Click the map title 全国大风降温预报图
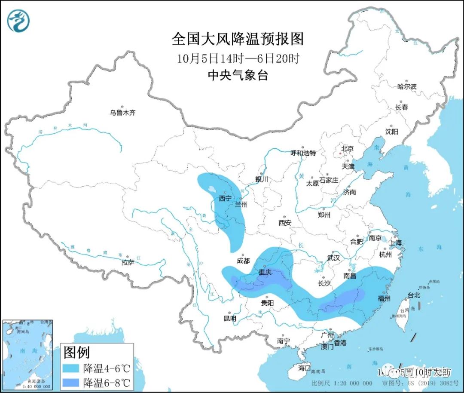(x=237, y=39)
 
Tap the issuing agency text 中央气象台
(x=237, y=76)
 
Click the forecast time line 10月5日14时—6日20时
(x=237, y=58)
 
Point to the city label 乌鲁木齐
(x=122, y=113)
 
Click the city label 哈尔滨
(x=406, y=86)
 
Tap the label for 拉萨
(x=128, y=262)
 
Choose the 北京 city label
(x=347, y=149)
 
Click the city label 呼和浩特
(x=303, y=153)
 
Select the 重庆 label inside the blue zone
(x=265, y=272)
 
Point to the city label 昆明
(x=230, y=319)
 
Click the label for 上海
(x=396, y=243)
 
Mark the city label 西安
(x=285, y=223)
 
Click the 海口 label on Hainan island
(x=304, y=368)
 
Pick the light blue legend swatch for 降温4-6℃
(x=71, y=368)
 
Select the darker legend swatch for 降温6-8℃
(x=71, y=382)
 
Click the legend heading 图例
(x=76, y=353)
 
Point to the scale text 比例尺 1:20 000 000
(x=342, y=383)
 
